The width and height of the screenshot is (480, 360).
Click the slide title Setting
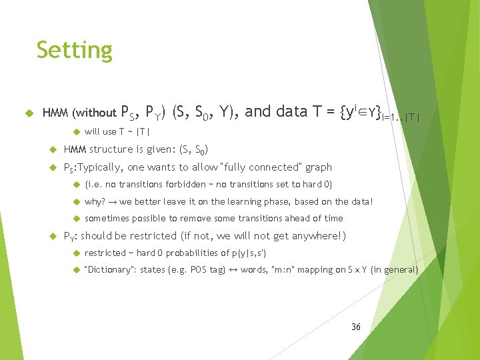pos(75,50)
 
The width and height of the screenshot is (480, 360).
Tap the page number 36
pos(355,327)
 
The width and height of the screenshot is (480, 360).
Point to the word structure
pos(111,149)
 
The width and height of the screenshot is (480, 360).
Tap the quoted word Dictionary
pos(109,270)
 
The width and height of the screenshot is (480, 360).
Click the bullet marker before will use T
pos(76,131)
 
